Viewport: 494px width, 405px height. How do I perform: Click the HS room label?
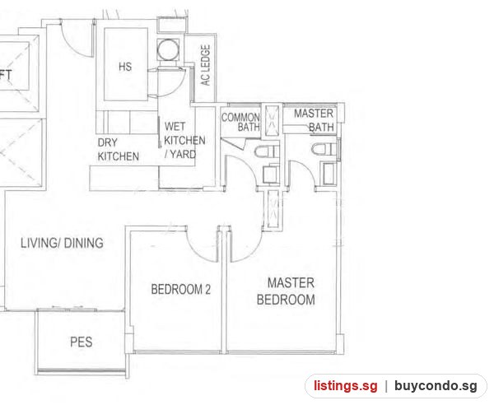point(125,67)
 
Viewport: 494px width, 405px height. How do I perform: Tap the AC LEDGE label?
point(205,65)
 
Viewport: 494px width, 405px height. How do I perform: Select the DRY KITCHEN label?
point(118,150)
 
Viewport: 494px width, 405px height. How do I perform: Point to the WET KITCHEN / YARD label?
point(184,140)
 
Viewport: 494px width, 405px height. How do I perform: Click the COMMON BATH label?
point(240,122)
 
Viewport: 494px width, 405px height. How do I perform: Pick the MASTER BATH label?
point(314,120)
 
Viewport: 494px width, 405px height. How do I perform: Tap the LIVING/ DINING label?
point(62,243)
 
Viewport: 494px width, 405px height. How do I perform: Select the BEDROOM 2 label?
point(181,289)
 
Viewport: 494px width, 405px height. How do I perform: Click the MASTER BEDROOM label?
point(286,291)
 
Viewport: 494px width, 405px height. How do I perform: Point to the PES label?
point(82,342)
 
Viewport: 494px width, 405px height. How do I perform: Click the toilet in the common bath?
point(267,152)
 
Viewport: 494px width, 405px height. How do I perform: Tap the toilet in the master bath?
point(324,149)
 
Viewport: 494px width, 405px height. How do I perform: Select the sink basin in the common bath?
point(271,175)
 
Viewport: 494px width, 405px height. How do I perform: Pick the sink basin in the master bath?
point(329,174)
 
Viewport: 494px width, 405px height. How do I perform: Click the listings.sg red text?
point(345,386)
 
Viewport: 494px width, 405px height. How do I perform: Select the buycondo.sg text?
point(436,386)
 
